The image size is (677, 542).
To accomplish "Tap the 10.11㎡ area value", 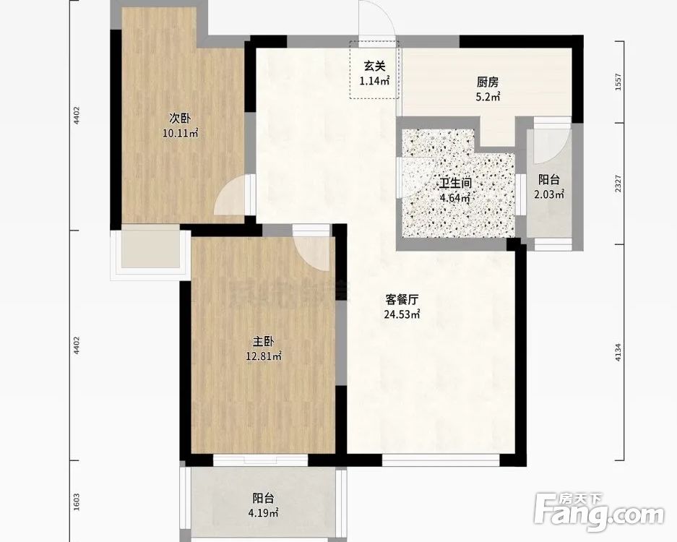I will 180,132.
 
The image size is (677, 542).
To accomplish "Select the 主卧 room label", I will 262,341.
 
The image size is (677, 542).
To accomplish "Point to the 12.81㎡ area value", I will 262,356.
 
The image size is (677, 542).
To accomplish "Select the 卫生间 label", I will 456,184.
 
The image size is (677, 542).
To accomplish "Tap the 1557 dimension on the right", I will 618,82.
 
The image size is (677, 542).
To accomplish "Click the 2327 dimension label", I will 618,184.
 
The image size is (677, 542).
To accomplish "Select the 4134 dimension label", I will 618,352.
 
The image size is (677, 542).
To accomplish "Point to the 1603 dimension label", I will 77,501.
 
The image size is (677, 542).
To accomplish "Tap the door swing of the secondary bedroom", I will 233,197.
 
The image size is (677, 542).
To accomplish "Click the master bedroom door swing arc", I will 315,250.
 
